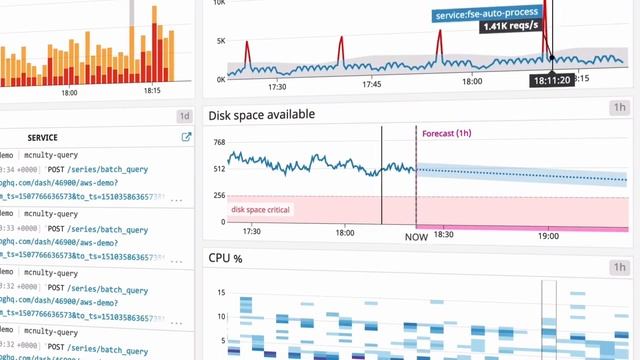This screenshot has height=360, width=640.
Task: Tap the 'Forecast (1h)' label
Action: point(446,134)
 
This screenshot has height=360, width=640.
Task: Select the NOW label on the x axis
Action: point(416,237)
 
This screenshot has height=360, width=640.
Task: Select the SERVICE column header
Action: point(42,137)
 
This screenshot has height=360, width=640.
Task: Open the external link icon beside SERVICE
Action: point(186,137)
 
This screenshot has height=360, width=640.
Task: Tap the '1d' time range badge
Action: point(184,115)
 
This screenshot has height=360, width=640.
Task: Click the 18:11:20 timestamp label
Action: point(552,80)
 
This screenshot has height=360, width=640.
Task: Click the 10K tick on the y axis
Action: point(221,4)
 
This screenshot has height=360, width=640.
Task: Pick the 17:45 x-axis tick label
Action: point(371,85)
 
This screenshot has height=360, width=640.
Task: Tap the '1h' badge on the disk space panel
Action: point(620,108)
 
